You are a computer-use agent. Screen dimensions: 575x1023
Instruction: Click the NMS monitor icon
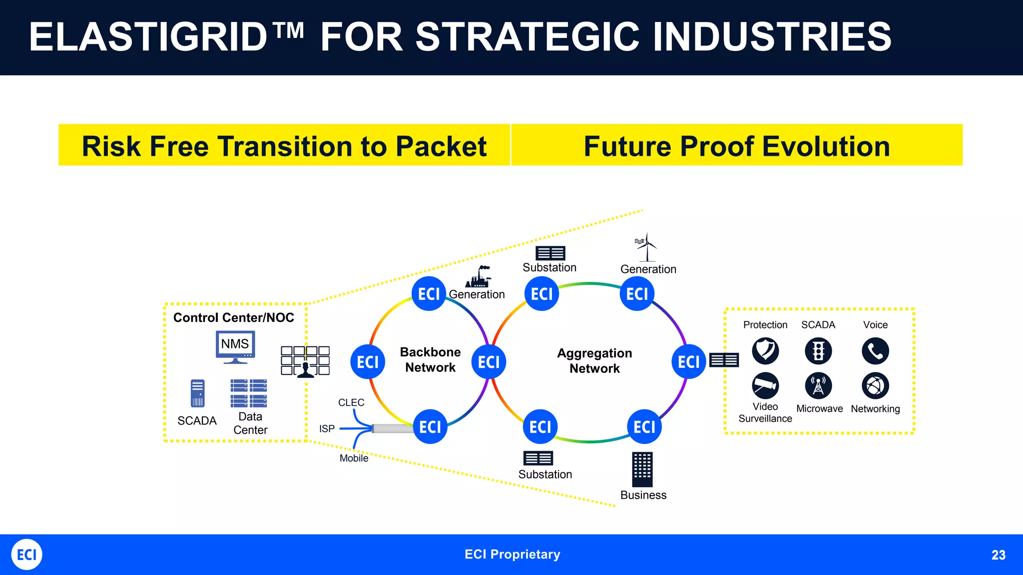(x=235, y=346)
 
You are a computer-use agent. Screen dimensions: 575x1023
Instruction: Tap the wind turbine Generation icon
(x=647, y=247)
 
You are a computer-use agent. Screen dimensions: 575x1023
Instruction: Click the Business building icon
(x=642, y=469)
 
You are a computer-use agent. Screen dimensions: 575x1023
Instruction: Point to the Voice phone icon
(x=875, y=351)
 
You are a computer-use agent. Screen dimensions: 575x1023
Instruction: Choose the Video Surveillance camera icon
(x=765, y=385)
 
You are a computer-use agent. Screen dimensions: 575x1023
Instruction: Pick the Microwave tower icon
(x=818, y=385)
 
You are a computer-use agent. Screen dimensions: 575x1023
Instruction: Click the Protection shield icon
(x=765, y=350)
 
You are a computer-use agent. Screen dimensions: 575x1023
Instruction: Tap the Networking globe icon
(x=875, y=385)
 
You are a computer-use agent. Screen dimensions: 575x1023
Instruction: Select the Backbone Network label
(x=430, y=359)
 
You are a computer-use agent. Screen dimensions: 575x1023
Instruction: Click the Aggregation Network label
(x=594, y=360)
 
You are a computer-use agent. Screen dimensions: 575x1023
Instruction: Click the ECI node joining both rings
(x=489, y=362)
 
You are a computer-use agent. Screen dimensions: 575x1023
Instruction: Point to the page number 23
(x=998, y=555)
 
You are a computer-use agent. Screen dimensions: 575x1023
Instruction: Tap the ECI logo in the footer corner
(x=26, y=555)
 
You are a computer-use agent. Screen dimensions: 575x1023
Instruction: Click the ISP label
(x=327, y=429)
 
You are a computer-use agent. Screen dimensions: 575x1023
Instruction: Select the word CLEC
(x=351, y=402)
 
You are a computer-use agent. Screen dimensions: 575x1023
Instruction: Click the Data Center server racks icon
(x=249, y=393)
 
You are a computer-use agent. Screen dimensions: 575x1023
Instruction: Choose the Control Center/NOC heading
(x=233, y=317)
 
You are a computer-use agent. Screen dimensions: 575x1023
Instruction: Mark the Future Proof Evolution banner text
(x=737, y=146)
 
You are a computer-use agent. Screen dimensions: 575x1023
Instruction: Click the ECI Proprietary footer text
(x=512, y=555)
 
